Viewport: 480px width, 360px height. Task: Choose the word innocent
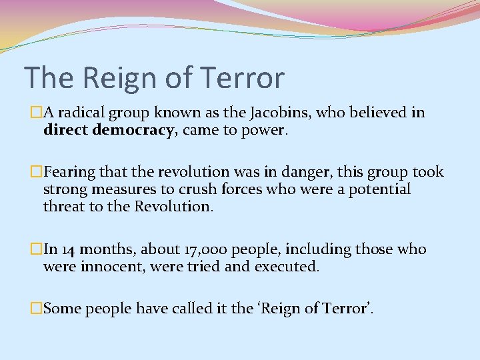pyautogui.click(x=106, y=267)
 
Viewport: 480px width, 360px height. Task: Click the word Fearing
pyautogui.click(x=69, y=172)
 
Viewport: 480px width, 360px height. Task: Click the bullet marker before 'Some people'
pyautogui.click(x=36, y=309)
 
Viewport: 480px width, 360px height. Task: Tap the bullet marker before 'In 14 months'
pyautogui.click(x=36, y=249)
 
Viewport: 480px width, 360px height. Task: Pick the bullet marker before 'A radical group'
pyautogui.click(x=36, y=113)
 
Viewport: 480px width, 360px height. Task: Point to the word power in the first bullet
pyautogui.click(x=266, y=129)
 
